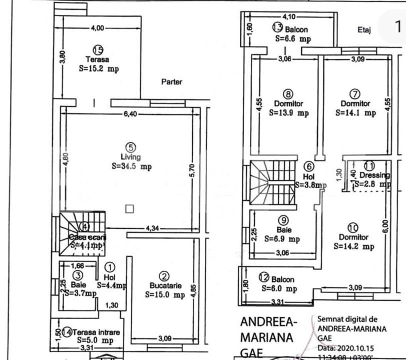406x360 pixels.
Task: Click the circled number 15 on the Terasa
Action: tap(98, 49)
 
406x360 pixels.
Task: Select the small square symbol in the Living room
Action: tap(129, 209)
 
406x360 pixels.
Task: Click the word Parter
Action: tap(172, 81)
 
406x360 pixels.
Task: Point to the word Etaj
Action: tap(364, 30)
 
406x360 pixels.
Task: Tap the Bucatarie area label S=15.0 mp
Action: tap(165, 295)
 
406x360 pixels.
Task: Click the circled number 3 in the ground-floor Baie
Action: tap(78, 275)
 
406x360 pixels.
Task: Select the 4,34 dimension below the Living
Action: tap(153, 228)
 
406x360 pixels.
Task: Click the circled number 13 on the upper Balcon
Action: tap(277, 27)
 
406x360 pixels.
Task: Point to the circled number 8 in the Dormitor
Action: tap(288, 94)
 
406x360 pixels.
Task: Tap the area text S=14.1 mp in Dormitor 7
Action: tap(355, 113)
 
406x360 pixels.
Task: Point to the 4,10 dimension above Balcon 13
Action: tap(289, 16)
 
